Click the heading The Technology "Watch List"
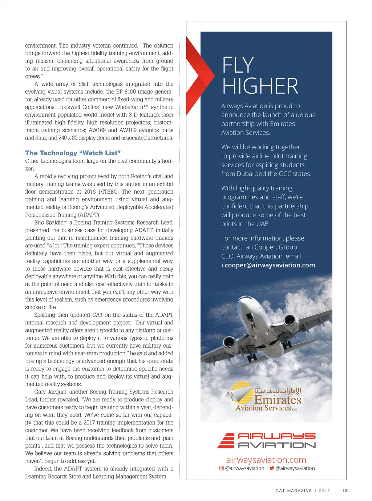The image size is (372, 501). (x=73, y=153)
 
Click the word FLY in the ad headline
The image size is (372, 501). (x=238, y=65)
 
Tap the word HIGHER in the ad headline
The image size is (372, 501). (x=260, y=86)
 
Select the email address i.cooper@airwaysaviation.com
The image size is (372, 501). (x=268, y=265)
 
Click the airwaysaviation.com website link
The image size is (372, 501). (x=266, y=460)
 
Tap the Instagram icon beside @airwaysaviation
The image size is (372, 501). (x=222, y=468)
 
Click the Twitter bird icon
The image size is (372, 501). (x=272, y=468)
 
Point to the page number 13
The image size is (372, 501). (x=345, y=491)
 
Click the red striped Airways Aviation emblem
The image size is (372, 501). (x=226, y=440)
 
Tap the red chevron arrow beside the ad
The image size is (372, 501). (x=198, y=76)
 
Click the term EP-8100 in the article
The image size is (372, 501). (x=126, y=92)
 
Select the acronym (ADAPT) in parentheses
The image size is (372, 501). (x=89, y=215)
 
